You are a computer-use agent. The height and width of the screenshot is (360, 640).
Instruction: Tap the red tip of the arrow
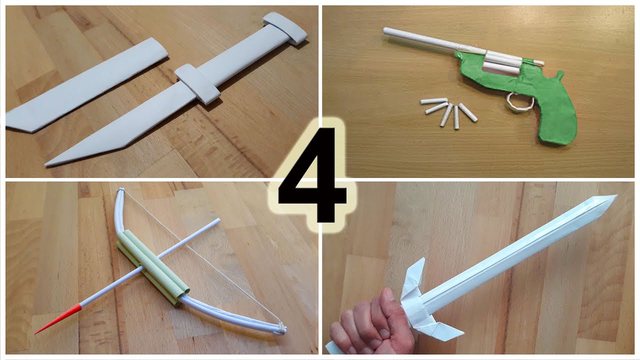[58, 318]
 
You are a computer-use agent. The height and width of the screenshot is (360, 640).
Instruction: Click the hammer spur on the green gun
[559, 75]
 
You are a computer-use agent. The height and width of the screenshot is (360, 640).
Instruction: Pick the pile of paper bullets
[448, 111]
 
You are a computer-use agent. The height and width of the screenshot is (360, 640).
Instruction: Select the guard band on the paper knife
[197, 84]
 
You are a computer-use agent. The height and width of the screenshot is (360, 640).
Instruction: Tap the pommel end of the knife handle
[285, 28]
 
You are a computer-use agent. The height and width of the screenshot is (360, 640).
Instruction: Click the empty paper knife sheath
[85, 85]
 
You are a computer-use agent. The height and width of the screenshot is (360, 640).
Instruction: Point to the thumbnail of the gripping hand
[388, 294]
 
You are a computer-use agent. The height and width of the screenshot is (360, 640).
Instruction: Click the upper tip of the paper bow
[120, 190]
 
